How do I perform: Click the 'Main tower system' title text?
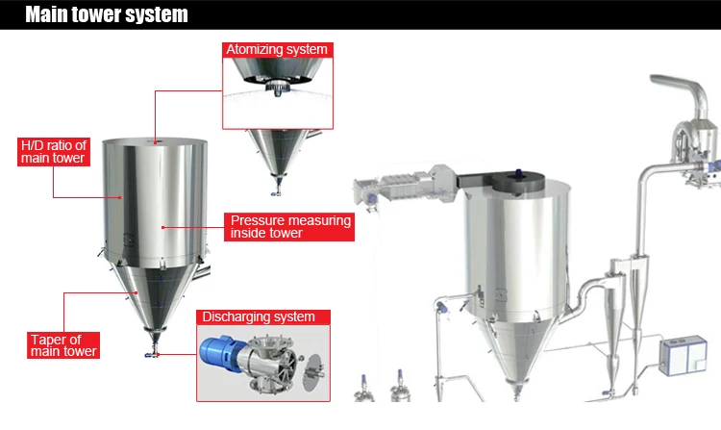[106, 15]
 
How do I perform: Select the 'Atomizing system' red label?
[276, 49]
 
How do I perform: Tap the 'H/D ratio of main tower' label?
[53, 152]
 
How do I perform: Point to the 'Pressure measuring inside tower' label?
[290, 227]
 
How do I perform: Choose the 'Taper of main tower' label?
[62, 345]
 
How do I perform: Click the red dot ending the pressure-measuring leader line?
[164, 227]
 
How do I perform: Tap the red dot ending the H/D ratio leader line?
[122, 197]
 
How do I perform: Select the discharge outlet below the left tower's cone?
[153, 347]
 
